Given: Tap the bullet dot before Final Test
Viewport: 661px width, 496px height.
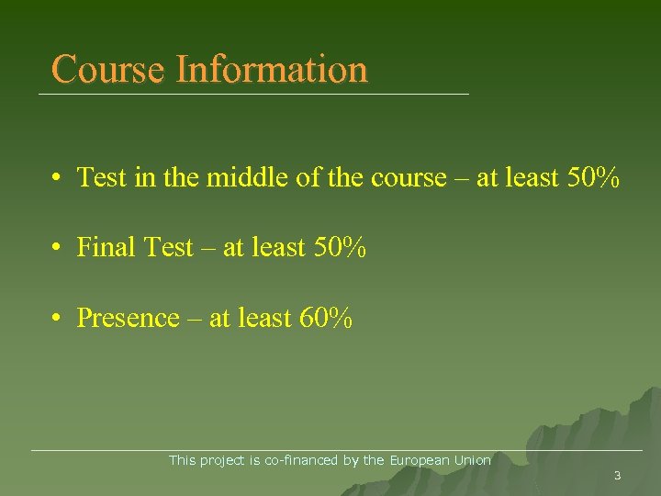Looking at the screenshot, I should pos(57,248).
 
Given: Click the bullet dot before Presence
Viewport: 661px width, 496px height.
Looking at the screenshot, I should pos(57,319).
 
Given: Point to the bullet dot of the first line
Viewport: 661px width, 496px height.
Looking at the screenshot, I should pos(57,177).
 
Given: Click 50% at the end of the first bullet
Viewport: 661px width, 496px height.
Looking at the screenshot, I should pos(588,176).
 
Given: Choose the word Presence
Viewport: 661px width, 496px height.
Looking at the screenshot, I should pos(128,318).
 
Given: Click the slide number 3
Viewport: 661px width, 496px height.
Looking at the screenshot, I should pos(617,476).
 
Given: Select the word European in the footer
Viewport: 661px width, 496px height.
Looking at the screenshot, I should pos(419,460).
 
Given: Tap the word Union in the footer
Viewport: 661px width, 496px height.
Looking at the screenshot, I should pos(472,460).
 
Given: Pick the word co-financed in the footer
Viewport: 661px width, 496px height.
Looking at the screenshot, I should pos(302,460).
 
